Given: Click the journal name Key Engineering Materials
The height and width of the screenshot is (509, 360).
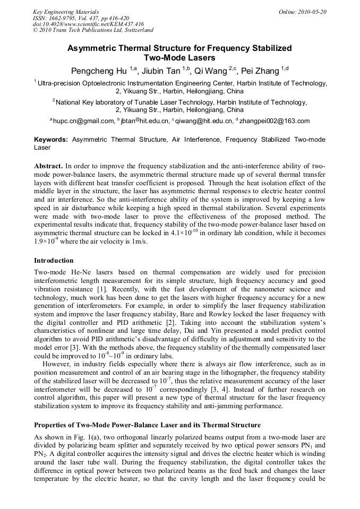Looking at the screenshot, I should [x=66, y=11].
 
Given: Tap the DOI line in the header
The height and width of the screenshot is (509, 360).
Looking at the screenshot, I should [x=88, y=24].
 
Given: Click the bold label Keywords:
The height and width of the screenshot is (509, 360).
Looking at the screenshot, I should [x=51, y=140].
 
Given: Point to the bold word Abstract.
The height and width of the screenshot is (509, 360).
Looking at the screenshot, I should [x=48, y=166].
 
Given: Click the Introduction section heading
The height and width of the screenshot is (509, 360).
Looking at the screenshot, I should [x=54, y=261].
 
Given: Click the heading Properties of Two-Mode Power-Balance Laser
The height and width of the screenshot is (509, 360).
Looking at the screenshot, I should [x=147, y=425].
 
